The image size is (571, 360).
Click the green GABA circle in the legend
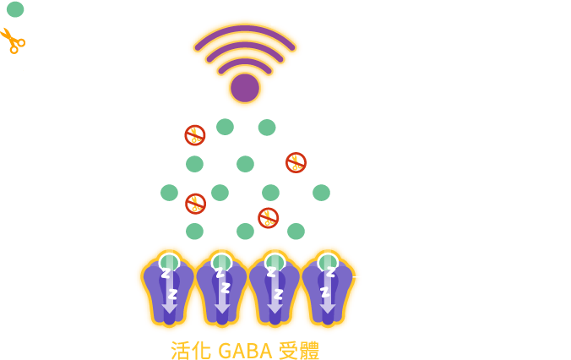(14, 10)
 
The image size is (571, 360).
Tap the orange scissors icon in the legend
(13, 40)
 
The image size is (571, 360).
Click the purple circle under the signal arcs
(245, 87)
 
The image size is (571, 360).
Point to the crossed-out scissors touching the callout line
(296, 162)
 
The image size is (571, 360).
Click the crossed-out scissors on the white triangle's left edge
(195, 134)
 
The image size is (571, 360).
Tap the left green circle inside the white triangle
(225, 127)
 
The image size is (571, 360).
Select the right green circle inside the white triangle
(267, 127)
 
